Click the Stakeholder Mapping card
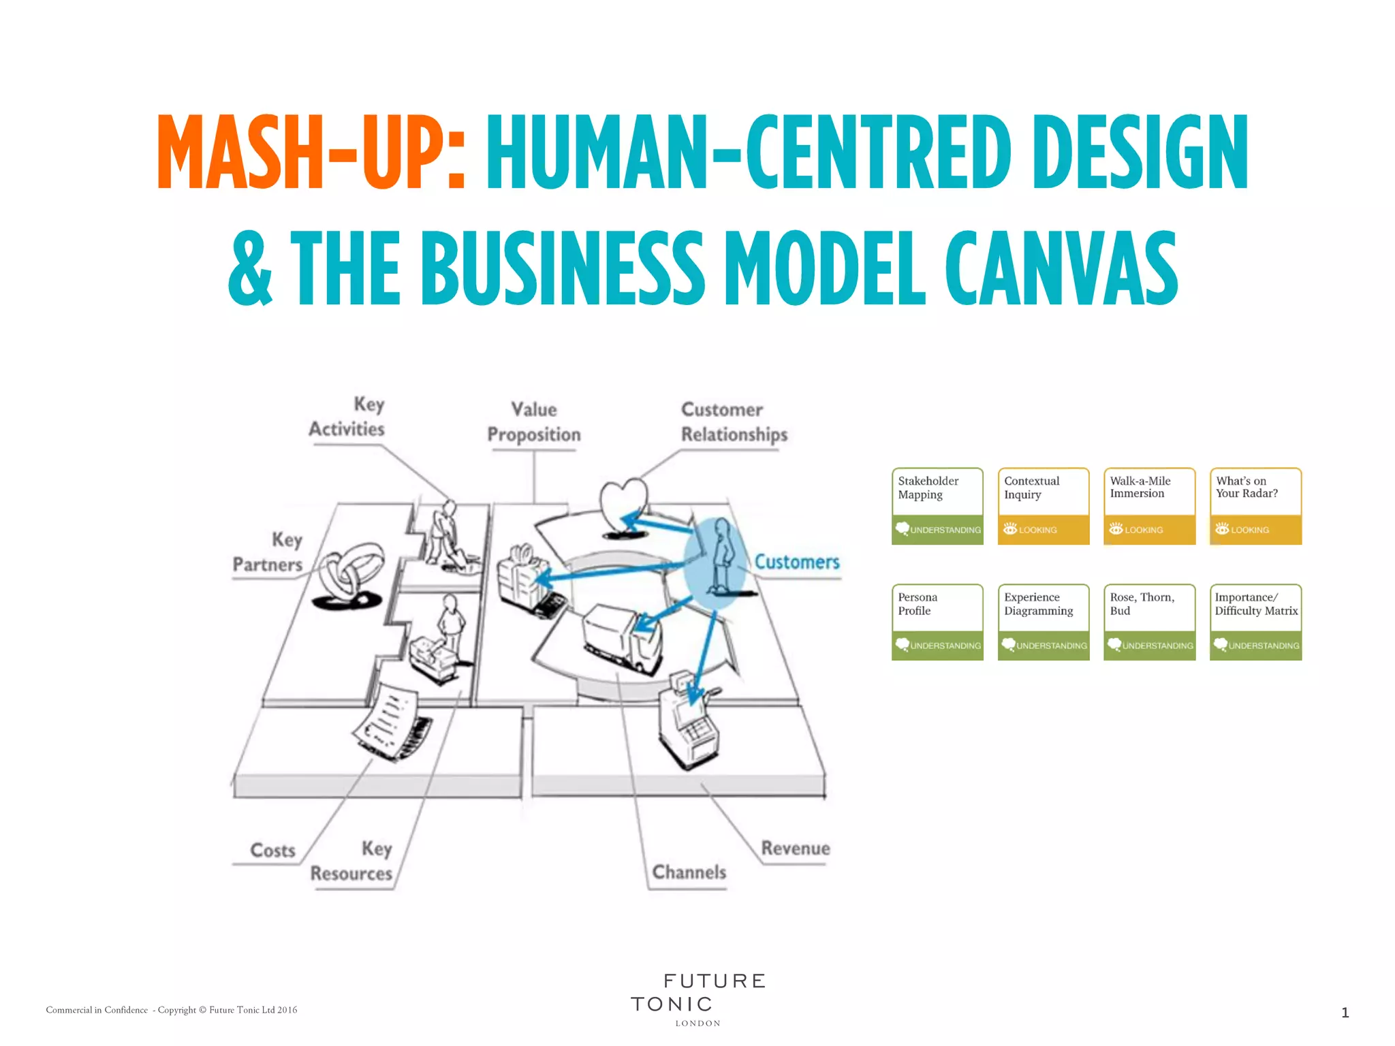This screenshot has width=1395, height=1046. click(937, 506)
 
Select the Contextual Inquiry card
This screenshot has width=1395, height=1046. click(1043, 506)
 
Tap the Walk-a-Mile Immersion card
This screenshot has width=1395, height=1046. click(1149, 506)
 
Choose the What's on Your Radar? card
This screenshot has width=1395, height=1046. click(1255, 506)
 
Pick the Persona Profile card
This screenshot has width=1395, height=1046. click(937, 622)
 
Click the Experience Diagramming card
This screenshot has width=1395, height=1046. click(1043, 622)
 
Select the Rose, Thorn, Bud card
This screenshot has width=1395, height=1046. click(1149, 622)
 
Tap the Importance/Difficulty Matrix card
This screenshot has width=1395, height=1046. click(1255, 622)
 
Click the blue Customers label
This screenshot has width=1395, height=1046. click(796, 562)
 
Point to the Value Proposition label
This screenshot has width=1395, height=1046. click(534, 422)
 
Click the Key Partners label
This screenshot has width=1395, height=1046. click(268, 552)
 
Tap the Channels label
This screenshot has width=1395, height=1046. click(689, 872)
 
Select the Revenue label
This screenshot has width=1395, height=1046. click(795, 849)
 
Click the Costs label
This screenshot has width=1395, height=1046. click(272, 851)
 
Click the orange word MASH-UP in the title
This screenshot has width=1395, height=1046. click(311, 153)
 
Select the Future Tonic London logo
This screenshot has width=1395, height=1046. click(697, 999)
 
